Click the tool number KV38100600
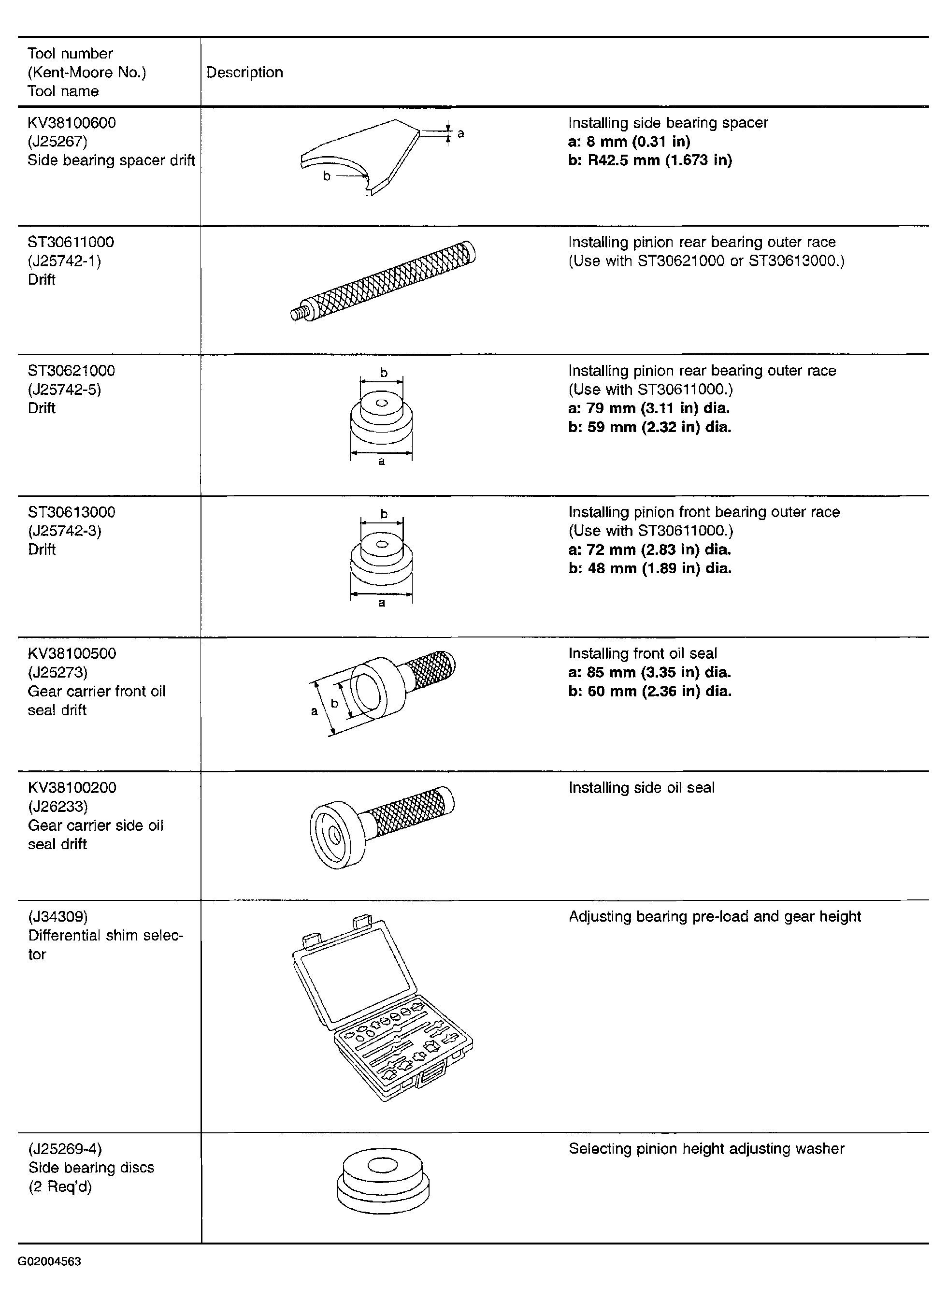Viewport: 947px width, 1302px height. [x=72, y=123]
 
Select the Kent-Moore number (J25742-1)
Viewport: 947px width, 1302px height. [x=64, y=261]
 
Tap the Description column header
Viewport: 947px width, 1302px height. [x=244, y=72]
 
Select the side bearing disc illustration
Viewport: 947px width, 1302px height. [x=383, y=1182]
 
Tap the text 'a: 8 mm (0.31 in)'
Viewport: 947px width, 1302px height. [x=629, y=142]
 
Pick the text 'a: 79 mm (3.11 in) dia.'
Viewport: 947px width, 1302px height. [x=649, y=408]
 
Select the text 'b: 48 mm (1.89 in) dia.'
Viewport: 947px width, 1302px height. [x=650, y=568]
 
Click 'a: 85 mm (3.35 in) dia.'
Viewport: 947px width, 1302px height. [x=650, y=672]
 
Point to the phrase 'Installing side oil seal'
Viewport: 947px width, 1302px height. [x=642, y=788]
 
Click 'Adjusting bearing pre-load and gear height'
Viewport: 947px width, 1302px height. [x=715, y=917]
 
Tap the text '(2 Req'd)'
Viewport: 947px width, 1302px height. [x=60, y=1186]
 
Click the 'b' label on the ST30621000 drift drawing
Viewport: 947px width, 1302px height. [x=384, y=373]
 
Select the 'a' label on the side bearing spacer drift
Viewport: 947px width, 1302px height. [x=460, y=133]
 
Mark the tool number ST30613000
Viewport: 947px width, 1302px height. [x=72, y=512]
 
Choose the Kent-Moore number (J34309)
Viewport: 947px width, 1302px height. [x=58, y=917]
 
